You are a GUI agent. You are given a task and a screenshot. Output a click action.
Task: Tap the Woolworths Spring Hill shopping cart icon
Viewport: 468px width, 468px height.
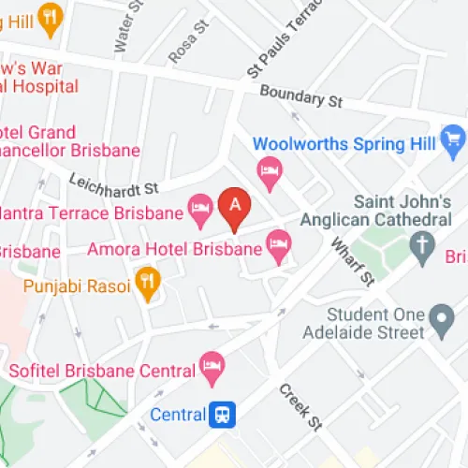click(454, 139)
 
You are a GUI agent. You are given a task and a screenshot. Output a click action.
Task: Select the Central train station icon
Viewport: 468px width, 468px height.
click(222, 412)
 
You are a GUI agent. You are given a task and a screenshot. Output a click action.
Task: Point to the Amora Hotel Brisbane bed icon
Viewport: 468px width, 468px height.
click(278, 245)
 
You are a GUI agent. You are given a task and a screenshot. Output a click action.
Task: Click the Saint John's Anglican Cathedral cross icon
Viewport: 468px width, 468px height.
click(422, 245)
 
